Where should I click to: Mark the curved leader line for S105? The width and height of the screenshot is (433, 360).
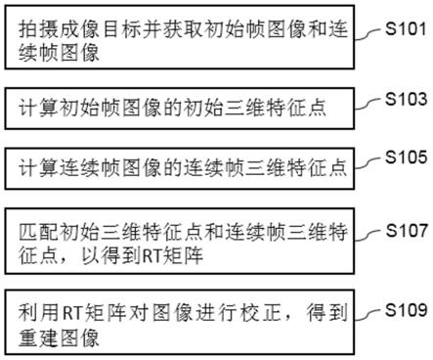(x=368, y=162)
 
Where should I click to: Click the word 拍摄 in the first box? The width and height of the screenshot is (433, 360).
(x=34, y=28)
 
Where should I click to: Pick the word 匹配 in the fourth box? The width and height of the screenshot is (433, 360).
(x=34, y=232)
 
